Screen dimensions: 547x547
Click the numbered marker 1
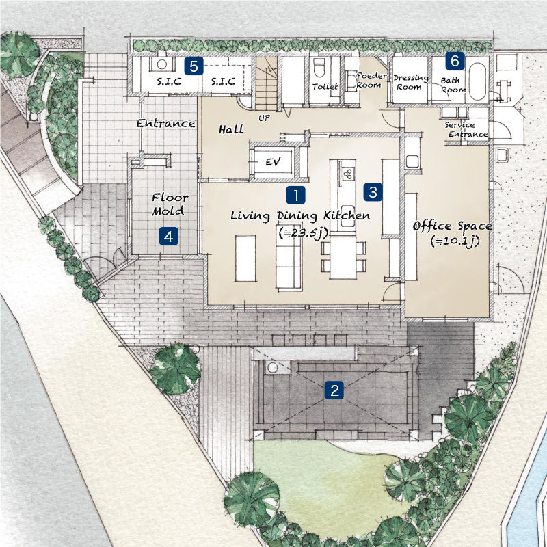click(296, 195)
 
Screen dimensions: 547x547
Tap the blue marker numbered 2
click(334, 390)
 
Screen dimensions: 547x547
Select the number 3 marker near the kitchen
click(373, 192)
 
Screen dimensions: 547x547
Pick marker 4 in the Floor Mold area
click(168, 237)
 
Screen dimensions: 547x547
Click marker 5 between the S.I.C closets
click(194, 66)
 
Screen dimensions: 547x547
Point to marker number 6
click(455, 61)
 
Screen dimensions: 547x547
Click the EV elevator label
click(273, 161)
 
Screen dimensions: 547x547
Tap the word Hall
click(231, 130)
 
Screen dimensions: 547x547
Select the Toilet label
click(325, 86)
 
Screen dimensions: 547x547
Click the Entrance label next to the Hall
click(165, 123)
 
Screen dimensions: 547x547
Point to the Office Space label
click(453, 226)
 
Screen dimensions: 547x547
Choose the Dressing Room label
click(411, 82)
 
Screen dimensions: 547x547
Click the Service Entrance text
click(466, 130)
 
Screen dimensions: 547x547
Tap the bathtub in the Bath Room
click(477, 81)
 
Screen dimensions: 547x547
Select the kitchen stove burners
click(348, 174)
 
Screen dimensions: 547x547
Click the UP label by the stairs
click(264, 118)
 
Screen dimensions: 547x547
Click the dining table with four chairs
click(343, 258)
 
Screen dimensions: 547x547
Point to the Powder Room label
click(371, 81)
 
